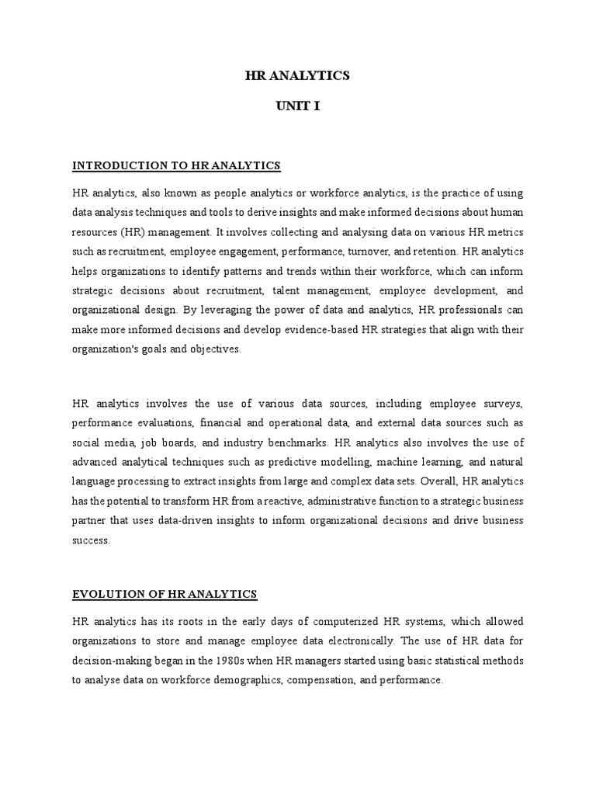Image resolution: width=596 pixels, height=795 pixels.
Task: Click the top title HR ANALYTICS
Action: pyautogui.click(x=297, y=75)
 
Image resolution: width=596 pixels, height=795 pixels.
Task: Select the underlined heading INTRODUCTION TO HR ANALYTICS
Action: pyautogui.click(x=175, y=165)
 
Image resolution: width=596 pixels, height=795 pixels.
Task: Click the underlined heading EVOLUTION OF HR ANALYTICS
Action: pyautogui.click(x=164, y=594)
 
